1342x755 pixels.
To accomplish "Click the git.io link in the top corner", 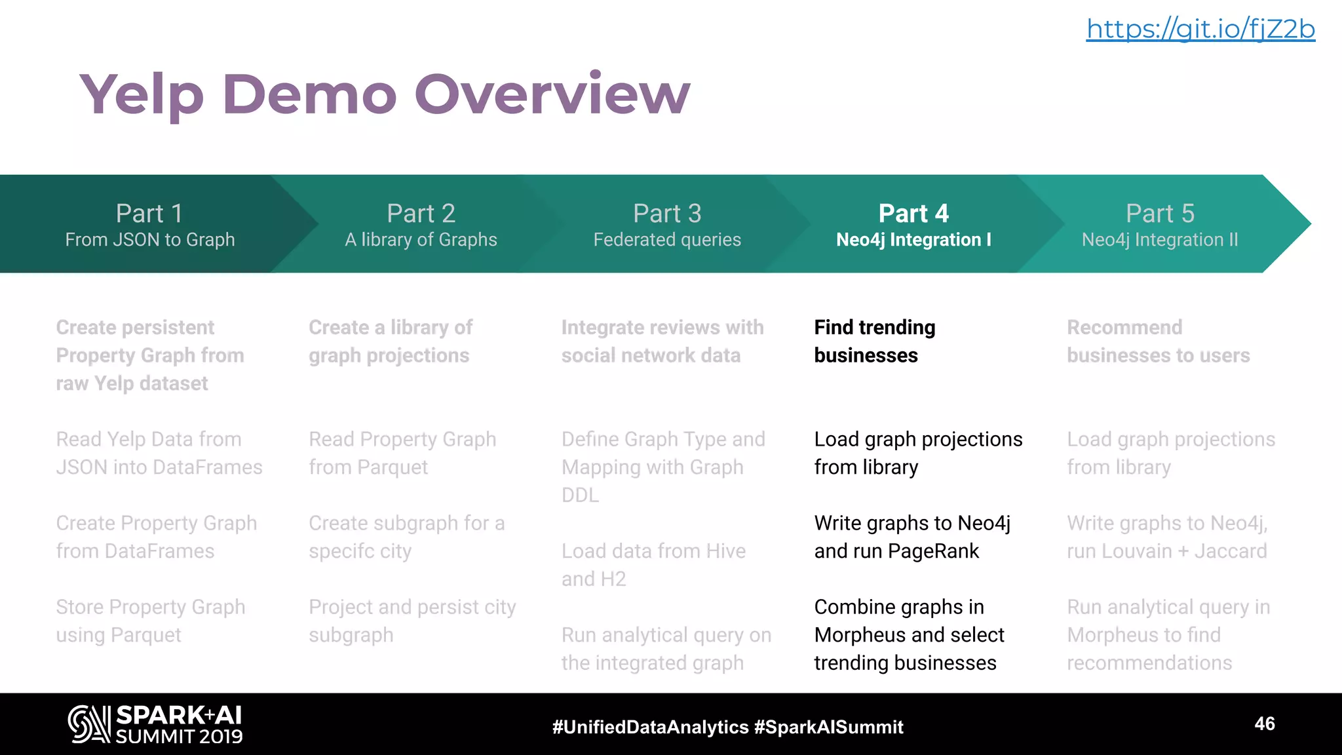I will (x=1200, y=29).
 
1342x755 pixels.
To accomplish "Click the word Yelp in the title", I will (x=141, y=95).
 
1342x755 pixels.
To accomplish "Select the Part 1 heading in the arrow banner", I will (x=149, y=214).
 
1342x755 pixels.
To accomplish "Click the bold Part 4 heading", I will (x=913, y=214).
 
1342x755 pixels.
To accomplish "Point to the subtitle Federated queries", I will (x=667, y=240).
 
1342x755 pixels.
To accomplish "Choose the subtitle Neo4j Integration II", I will (x=1160, y=240).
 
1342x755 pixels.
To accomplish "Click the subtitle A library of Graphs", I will (x=421, y=240).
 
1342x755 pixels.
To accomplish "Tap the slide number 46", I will (x=1265, y=724).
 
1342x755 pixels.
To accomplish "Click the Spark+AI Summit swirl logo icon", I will (x=89, y=724).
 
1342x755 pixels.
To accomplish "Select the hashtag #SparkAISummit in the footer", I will (x=828, y=727).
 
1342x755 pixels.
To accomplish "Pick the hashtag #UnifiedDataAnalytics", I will (x=650, y=727).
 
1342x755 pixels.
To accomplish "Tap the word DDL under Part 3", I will (x=580, y=495).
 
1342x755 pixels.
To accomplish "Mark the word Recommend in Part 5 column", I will (x=1124, y=327).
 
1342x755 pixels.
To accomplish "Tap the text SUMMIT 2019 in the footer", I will (x=179, y=737).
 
